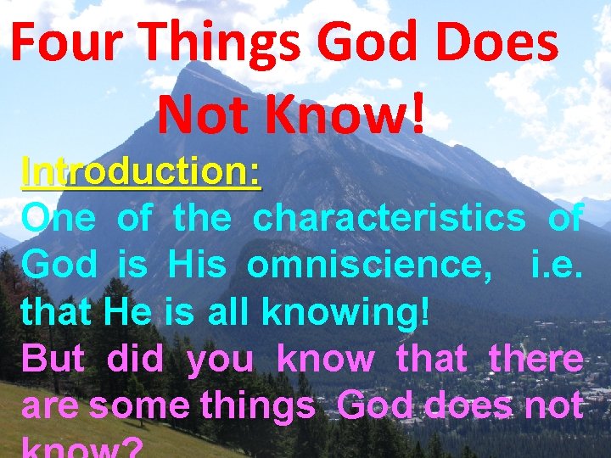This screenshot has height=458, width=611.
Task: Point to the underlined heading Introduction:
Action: (x=142, y=171)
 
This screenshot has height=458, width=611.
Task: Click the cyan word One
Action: (x=59, y=218)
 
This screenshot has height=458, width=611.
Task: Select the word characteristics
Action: (x=390, y=218)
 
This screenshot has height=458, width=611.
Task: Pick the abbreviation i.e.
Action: (x=556, y=265)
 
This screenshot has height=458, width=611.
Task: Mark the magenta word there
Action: (x=536, y=360)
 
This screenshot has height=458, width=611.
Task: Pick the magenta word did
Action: (x=136, y=360)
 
